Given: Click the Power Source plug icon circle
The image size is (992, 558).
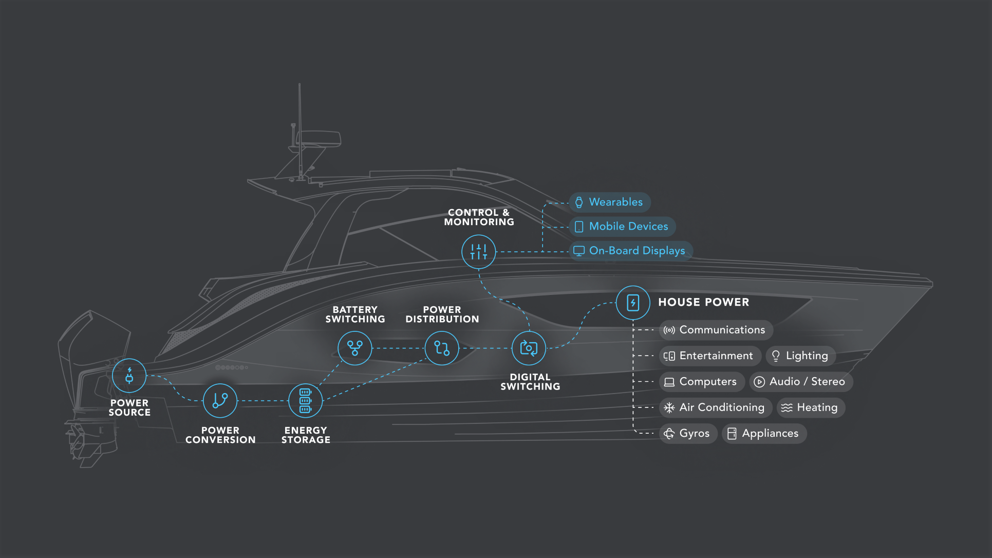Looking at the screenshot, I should (129, 376).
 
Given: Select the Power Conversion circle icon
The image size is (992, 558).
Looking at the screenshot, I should (220, 401).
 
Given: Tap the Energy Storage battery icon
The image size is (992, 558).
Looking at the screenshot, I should (306, 401).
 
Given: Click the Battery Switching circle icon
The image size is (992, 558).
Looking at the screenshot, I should (355, 348).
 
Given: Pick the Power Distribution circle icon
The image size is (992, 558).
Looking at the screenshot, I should (442, 348).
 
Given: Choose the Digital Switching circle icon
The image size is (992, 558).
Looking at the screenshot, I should (529, 348).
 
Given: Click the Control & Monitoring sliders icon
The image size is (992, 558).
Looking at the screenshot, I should (478, 252).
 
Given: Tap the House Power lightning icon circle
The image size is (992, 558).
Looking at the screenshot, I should (633, 303).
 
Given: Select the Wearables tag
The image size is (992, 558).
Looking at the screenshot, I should (610, 202).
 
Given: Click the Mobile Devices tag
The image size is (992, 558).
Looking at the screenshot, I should (622, 227).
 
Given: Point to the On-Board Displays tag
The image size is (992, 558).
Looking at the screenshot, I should (631, 251).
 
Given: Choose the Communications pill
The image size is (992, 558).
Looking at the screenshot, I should (716, 330).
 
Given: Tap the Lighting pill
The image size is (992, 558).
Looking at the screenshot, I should (801, 356).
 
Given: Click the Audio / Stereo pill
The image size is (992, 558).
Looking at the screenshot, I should (801, 382).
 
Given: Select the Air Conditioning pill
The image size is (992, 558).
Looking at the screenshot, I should (716, 407).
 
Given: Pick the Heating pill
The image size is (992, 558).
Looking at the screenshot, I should (811, 407).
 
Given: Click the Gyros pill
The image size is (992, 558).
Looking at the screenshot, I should (688, 434).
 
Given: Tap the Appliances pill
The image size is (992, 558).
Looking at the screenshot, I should (764, 434).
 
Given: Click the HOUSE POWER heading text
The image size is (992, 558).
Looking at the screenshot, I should (703, 303).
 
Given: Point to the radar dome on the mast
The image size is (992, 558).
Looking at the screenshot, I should (319, 138).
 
